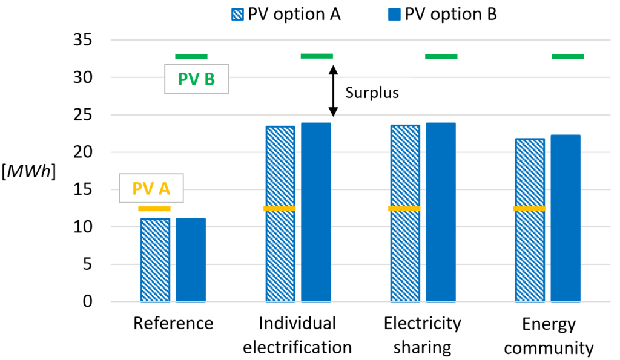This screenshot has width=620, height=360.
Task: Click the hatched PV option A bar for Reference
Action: pyautogui.click(x=155, y=260)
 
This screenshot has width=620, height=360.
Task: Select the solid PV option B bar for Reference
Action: pyautogui.click(x=191, y=260)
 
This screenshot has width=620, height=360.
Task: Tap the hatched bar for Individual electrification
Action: pyautogui.click(x=280, y=254)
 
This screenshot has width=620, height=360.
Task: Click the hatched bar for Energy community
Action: pyautogui.click(x=530, y=254)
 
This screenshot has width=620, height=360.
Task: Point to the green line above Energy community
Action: pyautogui.click(x=567, y=56)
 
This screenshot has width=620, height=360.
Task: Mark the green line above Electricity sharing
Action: pyautogui.click(x=441, y=56)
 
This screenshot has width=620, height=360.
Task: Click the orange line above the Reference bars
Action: pyautogui.click(x=154, y=209)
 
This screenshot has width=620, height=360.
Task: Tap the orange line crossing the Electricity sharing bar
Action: pyautogui.click(x=404, y=209)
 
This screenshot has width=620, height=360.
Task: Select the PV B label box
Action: pyautogui.click(x=196, y=79)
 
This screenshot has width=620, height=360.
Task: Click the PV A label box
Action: pyautogui.click(x=151, y=189)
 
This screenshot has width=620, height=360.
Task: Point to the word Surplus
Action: pyautogui.click(x=372, y=93)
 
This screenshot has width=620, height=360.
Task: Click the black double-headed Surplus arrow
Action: pyautogui.click(x=332, y=91)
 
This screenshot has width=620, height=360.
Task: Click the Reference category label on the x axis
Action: pyautogui.click(x=173, y=324)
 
